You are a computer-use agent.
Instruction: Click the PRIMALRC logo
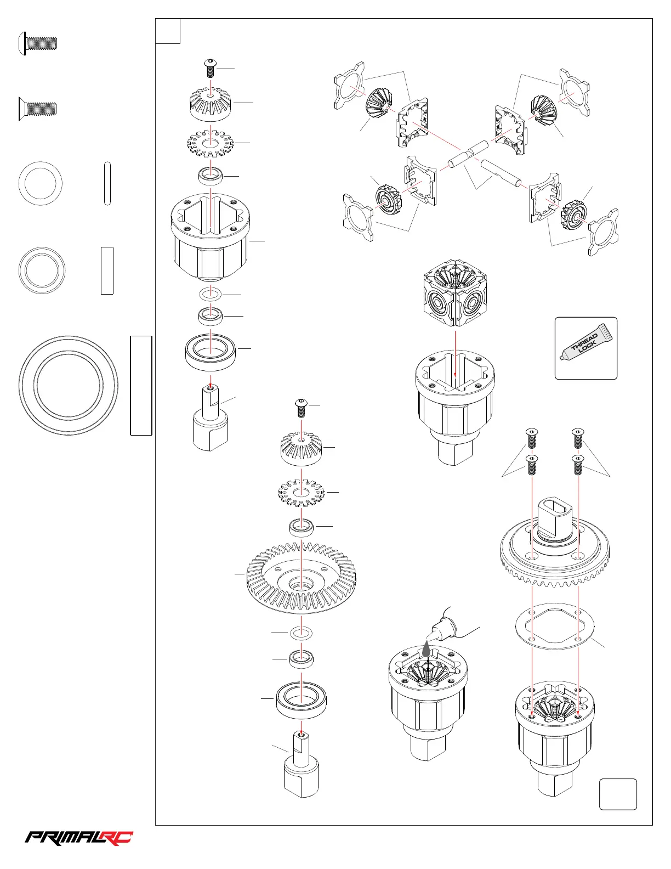(x=79, y=838)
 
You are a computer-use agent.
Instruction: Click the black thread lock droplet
(x=427, y=651)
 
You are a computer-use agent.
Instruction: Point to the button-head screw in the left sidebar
(x=38, y=43)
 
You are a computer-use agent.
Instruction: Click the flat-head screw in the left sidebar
(x=38, y=108)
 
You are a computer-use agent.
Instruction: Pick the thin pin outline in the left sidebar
(x=107, y=183)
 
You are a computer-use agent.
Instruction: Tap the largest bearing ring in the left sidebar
(x=69, y=385)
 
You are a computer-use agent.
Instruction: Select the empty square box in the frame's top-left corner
(x=168, y=31)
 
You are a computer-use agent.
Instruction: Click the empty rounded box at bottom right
(x=618, y=794)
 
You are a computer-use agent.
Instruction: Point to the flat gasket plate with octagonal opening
(x=556, y=626)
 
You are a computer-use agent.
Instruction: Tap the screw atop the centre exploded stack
(x=300, y=407)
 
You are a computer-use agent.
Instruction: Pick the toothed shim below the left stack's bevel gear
(x=210, y=143)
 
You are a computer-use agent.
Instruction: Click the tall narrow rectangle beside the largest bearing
(x=141, y=385)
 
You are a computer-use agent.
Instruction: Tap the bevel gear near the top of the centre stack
(x=300, y=448)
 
